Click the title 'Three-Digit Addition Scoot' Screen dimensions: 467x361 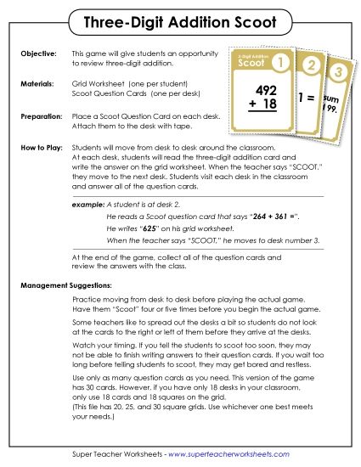pyautogui.click(x=180, y=20)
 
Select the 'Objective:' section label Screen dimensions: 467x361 pyautogui.click(x=38, y=53)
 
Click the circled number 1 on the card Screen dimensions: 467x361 pyautogui.click(x=285, y=63)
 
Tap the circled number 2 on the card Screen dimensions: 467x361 pyautogui.click(x=311, y=65)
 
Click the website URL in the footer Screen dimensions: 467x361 pyautogui.click(x=238, y=453)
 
